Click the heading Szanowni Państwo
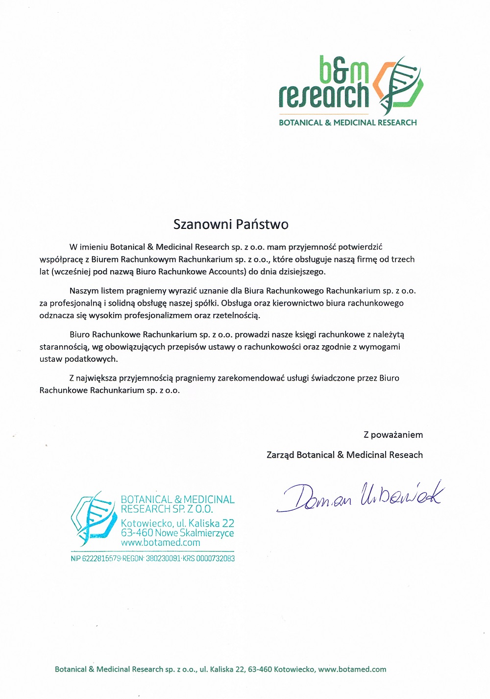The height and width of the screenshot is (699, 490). tap(231, 225)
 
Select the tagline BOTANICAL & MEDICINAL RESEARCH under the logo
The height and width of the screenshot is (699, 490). tap(347, 123)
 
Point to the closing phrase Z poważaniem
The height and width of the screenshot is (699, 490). tap(393, 435)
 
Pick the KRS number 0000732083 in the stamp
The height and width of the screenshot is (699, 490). tap(216, 558)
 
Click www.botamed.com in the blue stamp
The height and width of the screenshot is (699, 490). tap(160, 543)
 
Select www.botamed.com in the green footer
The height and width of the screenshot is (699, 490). tap(352, 669)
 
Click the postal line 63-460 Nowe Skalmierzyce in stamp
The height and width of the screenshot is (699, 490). tap(177, 533)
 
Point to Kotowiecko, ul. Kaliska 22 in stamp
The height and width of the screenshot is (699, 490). tap(177, 523)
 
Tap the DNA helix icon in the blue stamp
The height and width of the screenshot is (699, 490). tap(93, 519)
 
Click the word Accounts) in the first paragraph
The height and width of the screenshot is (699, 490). tap(227, 272)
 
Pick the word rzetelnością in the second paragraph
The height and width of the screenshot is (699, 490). tap(236, 315)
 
